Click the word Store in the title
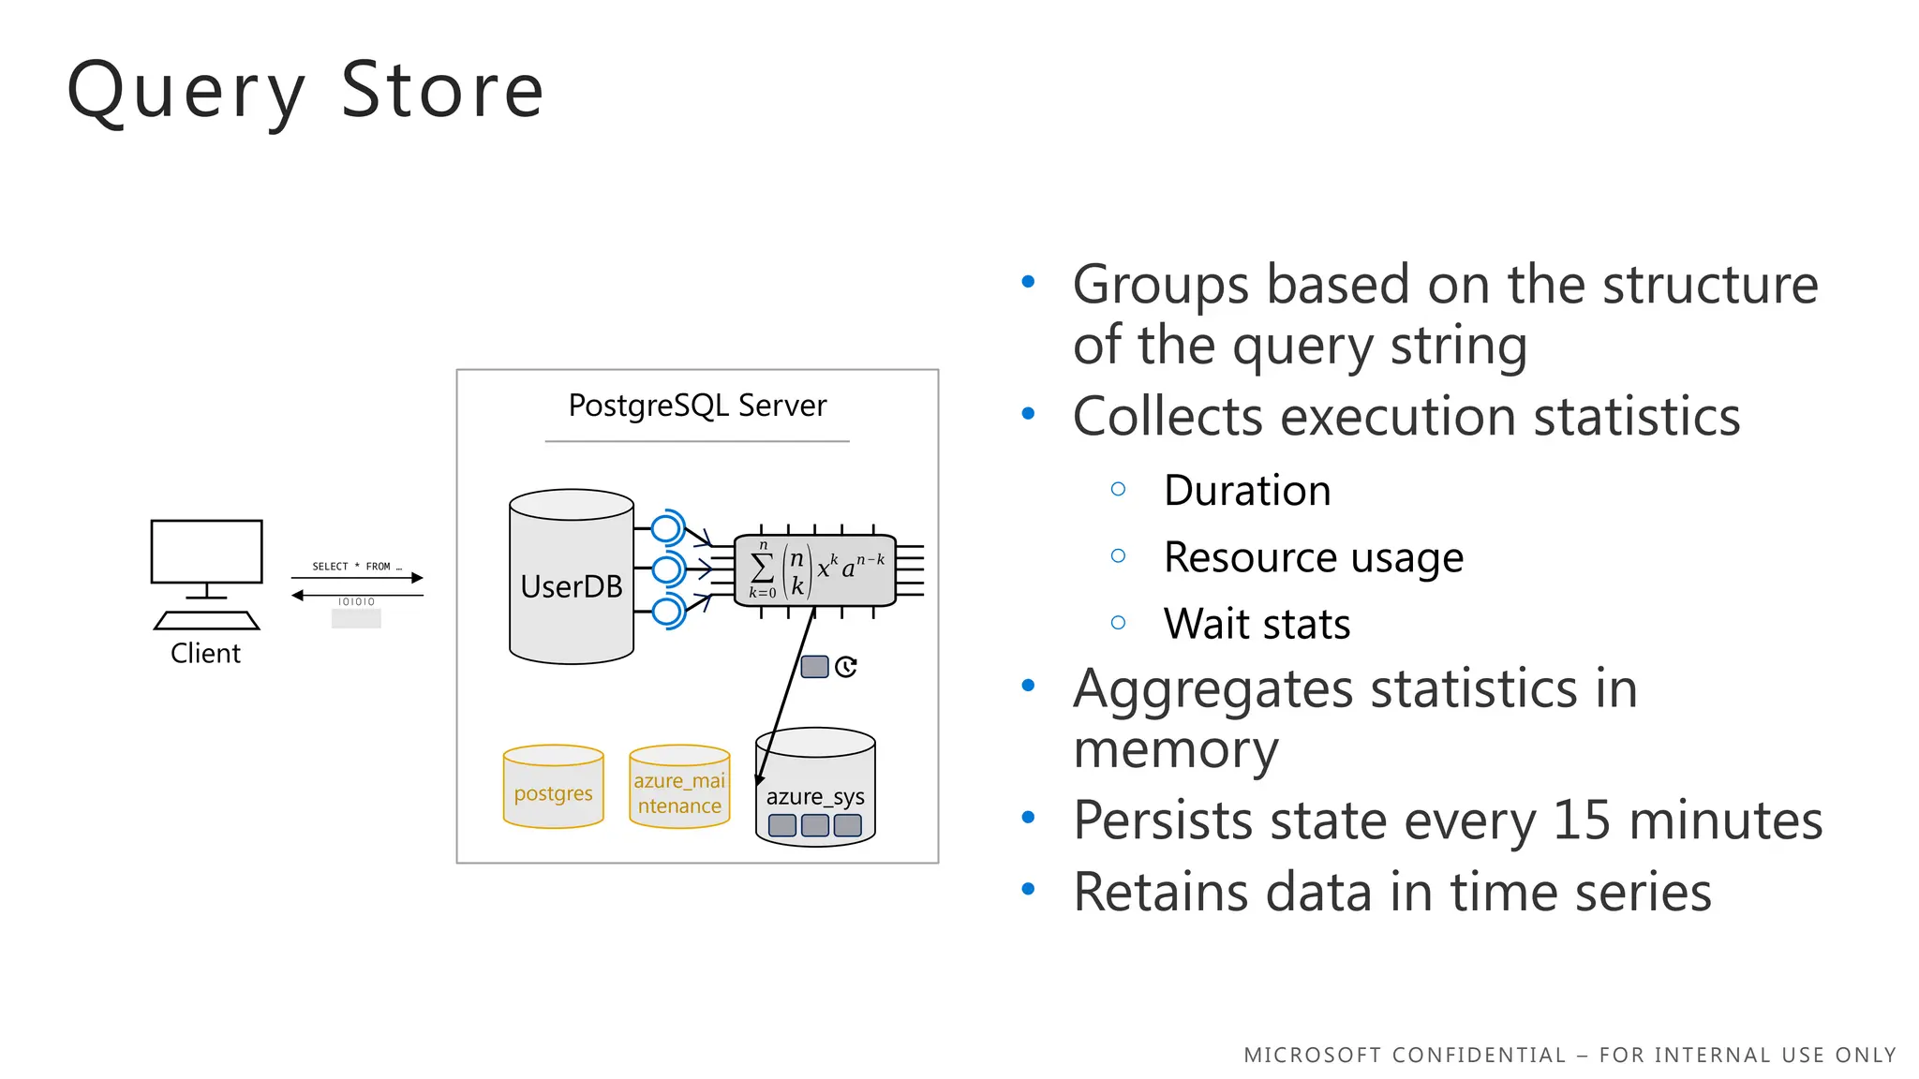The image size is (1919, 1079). point(441,91)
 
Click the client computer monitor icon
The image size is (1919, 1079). point(207,553)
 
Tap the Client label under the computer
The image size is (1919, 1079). point(205,653)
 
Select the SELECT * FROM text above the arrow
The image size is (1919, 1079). point(356,566)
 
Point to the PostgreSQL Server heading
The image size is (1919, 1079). point(697,406)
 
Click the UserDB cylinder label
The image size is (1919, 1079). point(572,586)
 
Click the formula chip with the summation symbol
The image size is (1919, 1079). point(815,569)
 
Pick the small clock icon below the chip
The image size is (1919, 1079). point(846,666)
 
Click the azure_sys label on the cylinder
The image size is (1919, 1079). point(815,796)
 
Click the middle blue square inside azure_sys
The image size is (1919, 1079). point(815,825)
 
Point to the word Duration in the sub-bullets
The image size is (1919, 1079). point(1247,491)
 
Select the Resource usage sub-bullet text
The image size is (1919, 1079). point(1313,557)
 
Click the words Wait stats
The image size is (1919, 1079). point(1257,624)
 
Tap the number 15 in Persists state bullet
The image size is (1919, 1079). point(1583,820)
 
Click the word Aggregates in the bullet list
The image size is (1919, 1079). point(1213,689)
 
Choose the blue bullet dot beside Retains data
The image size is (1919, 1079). point(1028,890)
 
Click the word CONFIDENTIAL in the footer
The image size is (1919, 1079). point(1478,1055)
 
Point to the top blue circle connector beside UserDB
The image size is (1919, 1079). point(666,528)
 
